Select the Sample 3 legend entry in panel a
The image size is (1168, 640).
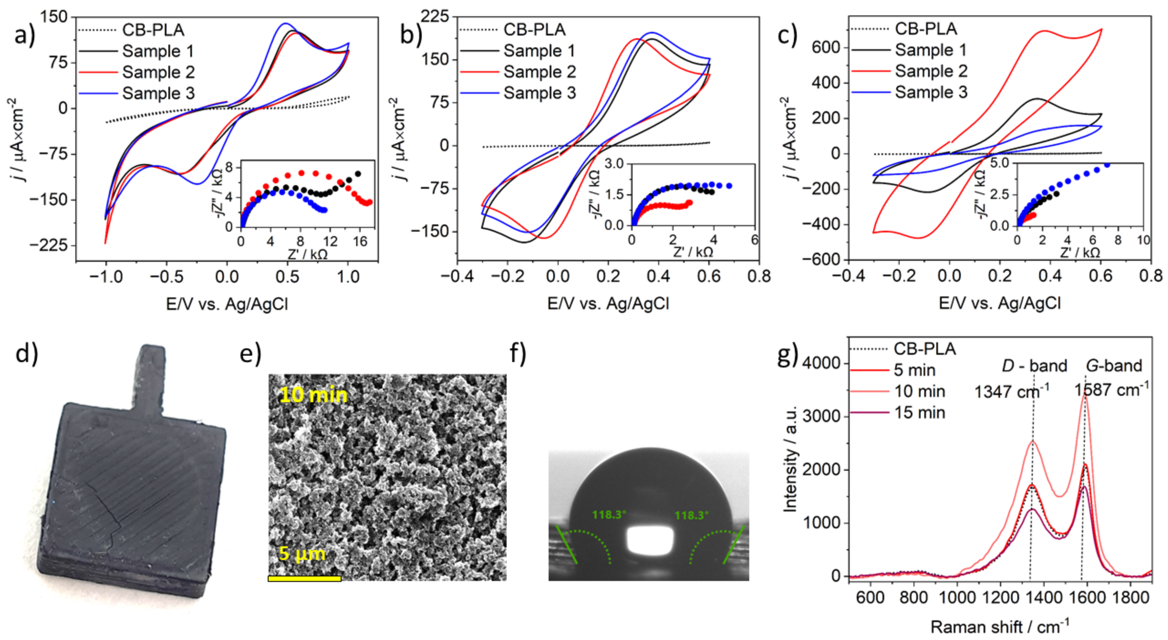(x=158, y=93)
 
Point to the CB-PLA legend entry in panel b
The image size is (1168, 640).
(x=534, y=30)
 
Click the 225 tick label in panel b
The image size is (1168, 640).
(x=434, y=17)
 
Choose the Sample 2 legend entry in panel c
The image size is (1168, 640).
(x=931, y=71)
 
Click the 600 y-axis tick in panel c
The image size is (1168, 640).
(x=826, y=47)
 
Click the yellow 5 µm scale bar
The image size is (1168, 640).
(x=304, y=578)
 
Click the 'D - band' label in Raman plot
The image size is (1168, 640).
(x=1034, y=365)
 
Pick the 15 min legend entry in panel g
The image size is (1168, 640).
(x=919, y=413)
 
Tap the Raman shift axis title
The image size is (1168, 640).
(x=999, y=626)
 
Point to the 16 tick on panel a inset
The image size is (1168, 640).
(x=360, y=242)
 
